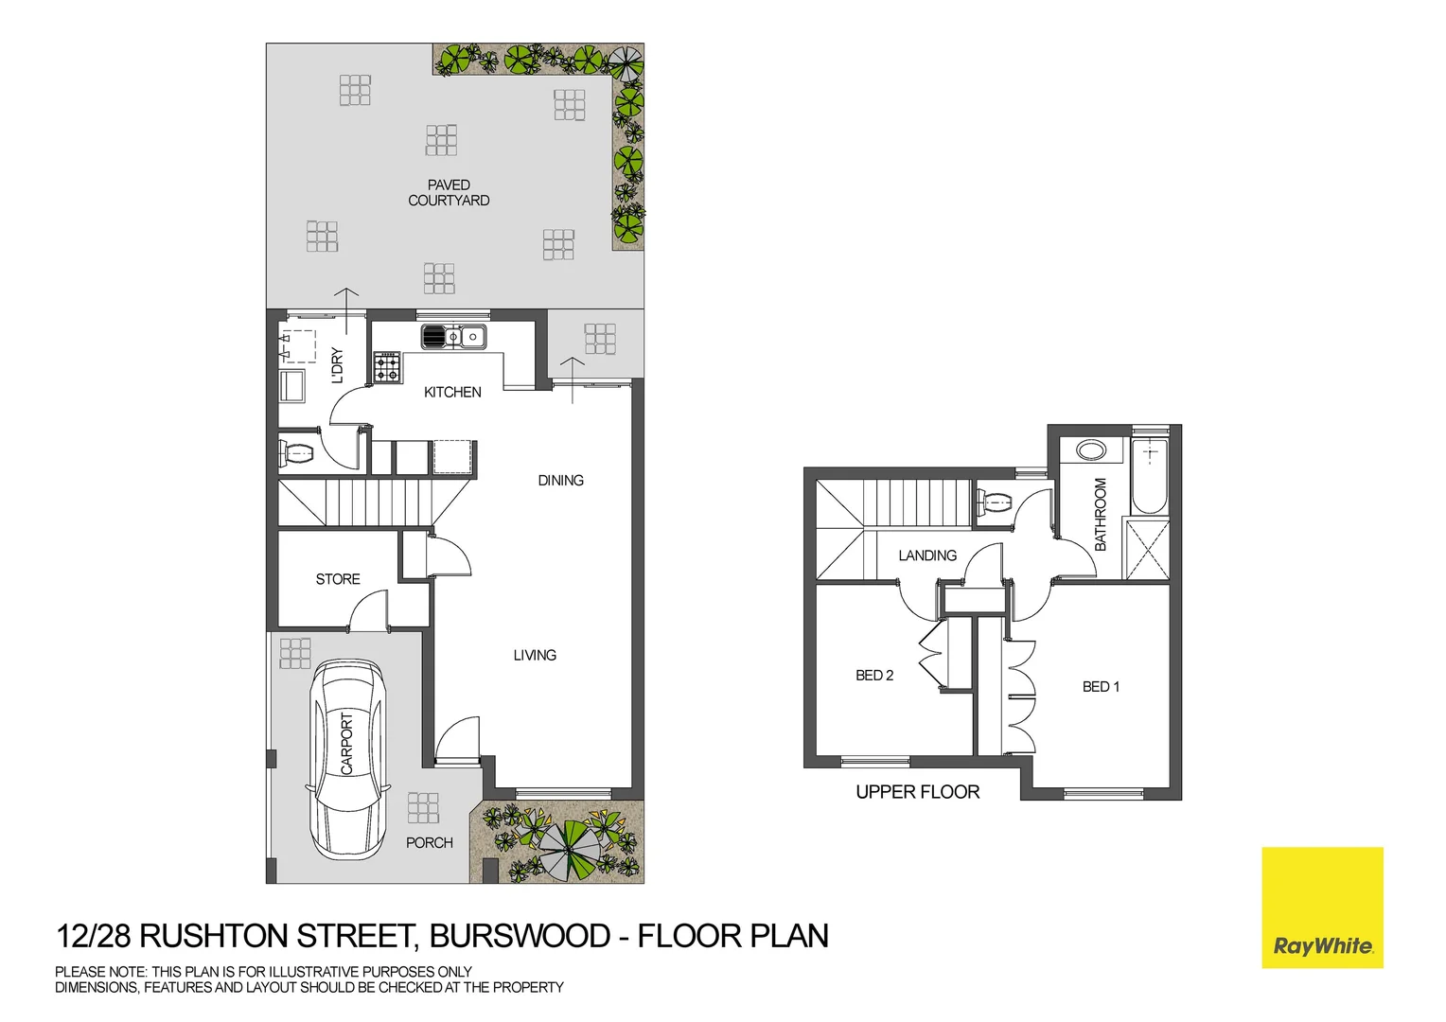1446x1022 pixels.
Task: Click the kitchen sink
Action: pyautogui.click(x=453, y=337)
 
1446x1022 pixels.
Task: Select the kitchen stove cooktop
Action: pyautogui.click(x=386, y=366)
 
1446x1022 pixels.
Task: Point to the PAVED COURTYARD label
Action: pyautogui.click(x=449, y=193)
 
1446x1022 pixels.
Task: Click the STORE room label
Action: pyautogui.click(x=338, y=579)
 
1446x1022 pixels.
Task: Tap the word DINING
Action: pyautogui.click(x=560, y=481)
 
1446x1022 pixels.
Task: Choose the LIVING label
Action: pyautogui.click(x=535, y=655)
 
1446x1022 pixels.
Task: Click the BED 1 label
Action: pyautogui.click(x=1101, y=687)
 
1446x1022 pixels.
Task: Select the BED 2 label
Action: pyautogui.click(x=874, y=676)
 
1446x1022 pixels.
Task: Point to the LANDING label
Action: pyautogui.click(x=927, y=555)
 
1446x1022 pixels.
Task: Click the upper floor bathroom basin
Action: pyautogui.click(x=1091, y=449)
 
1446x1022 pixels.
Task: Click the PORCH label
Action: pyautogui.click(x=429, y=843)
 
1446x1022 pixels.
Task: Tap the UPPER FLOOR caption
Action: pyautogui.click(x=917, y=792)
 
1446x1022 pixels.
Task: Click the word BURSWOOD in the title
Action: pyautogui.click(x=520, y=936)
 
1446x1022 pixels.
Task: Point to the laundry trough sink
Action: pyautogui.click(x=291, y=386)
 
